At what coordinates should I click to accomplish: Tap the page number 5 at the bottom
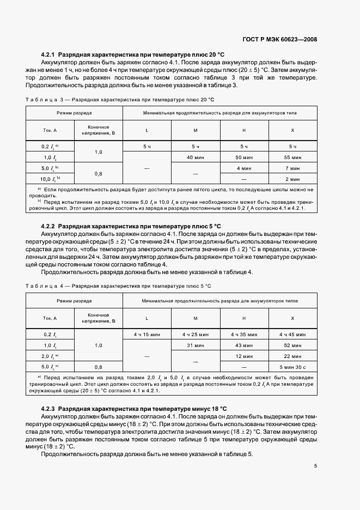pos(315,466)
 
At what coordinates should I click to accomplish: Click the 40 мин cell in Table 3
pos(195,157)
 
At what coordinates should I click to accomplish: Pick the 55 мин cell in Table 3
pos(292,157)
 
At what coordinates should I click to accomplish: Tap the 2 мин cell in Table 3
pos(292,178)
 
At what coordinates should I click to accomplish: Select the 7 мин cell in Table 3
pos(292,168)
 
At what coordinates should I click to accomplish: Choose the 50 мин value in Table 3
pos(243,157)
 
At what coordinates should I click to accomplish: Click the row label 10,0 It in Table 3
pos(49,178)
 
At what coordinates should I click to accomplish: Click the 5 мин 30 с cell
pos(292,367)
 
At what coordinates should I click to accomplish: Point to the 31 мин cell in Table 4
pos(195,345)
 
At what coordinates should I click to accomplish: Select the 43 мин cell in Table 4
pos(243,345)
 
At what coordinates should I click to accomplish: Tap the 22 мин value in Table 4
pos(292,356)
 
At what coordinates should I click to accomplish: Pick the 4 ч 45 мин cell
pos(292,335)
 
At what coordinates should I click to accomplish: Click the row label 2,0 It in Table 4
pos(49,356)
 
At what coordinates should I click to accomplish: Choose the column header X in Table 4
pos(292,318)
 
